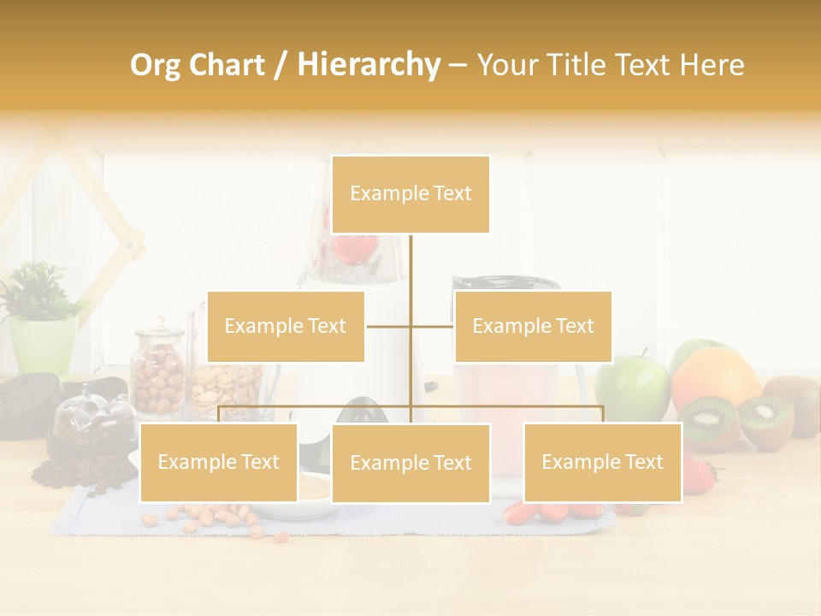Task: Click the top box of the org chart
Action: pyautogui.click(x=410, y=194)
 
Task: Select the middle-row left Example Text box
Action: pyautogui.click(x=286, y=326)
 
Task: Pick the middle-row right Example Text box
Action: pyautogui.click(x=533, y=326)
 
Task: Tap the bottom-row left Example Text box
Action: pyautogui.click(x=219, y=462)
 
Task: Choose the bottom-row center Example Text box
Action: pyautogui.click(x=410, y=463)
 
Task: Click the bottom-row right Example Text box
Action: pyautogui.click(x=602, y=462)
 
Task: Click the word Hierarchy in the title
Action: pyautogui.click(x=369, y=64)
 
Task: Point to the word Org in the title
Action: pyautogui.click(x=158, y=65)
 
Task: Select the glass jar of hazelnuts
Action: pyautogui.click(x=158, y=372)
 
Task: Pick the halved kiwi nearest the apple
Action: pyautogui.click(x=707, y=421)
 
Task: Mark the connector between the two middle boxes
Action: pyautogui.click(x=410, y=326)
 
